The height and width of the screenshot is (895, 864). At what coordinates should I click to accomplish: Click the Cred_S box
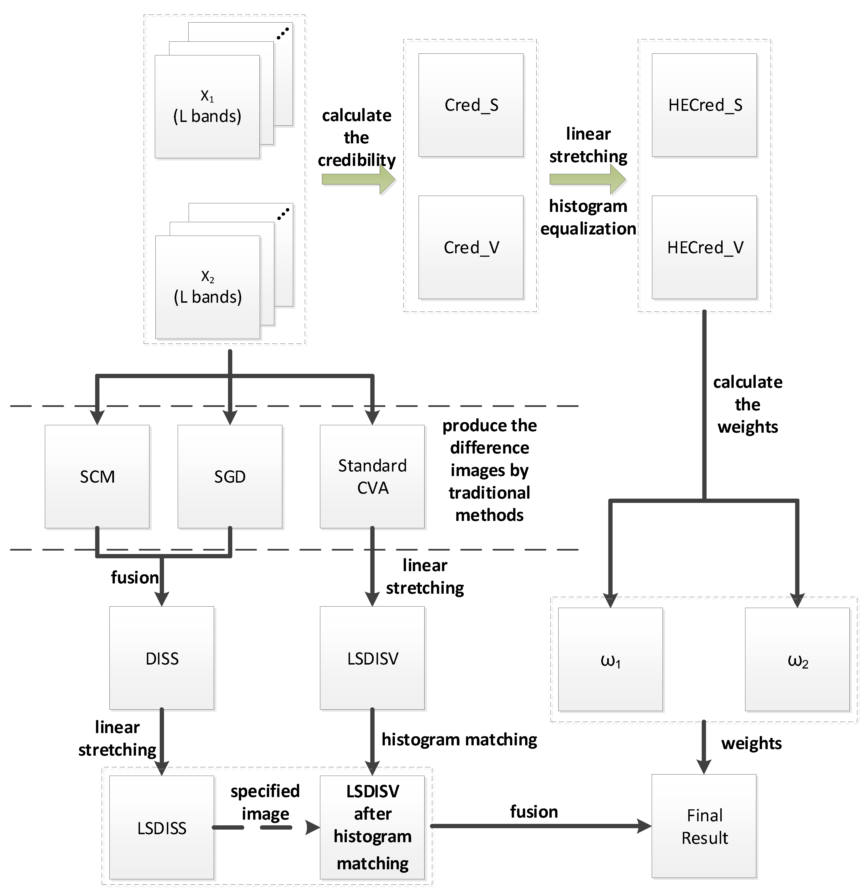tap(471, 105)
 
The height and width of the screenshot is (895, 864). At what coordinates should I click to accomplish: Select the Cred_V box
tap(471, 247)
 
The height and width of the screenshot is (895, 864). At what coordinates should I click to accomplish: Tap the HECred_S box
tap(704, 105)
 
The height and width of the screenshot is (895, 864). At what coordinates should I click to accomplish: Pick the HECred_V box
tap(704, 247)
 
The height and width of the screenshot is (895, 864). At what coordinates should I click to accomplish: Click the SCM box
tap(97, 476)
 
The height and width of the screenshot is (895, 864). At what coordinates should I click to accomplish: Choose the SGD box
tap(230, 476)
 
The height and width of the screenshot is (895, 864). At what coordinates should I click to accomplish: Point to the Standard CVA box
tap(372, 476)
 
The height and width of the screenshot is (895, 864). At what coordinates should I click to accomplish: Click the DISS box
tap(162, 658)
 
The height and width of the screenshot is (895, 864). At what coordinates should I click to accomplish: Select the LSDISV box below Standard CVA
tap(372, 658)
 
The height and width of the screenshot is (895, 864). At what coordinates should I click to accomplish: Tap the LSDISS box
tap(162, 827)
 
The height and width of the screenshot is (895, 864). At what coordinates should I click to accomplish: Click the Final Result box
tap(704, 826)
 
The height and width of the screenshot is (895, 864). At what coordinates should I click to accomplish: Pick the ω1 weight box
tap(610, 660)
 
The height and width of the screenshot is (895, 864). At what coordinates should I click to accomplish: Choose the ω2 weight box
tap(797, 660)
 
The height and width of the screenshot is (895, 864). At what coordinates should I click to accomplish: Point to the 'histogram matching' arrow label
tap(459, 739)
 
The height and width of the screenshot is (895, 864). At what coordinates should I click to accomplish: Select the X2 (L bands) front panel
tap(207, 287)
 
